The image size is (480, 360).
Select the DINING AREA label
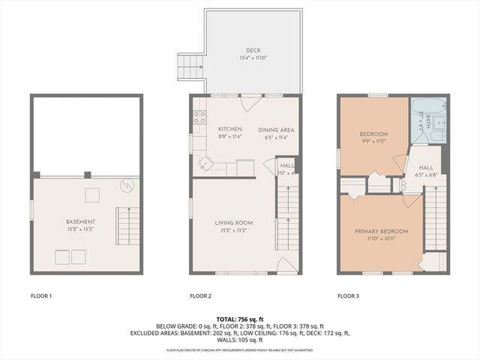click(276, 130)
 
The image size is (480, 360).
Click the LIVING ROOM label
click(233, 223)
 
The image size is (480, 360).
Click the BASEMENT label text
click(80, 222)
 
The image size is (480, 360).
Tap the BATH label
click(428, 120)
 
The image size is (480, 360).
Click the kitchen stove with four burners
click(199, 117)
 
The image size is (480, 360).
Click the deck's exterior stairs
click(190, 67)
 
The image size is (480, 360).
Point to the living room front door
click(284, 264)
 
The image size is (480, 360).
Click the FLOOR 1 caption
click(41, 296)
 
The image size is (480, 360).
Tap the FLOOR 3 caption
click(348, 296)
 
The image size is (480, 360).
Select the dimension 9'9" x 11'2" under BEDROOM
click(373, 140)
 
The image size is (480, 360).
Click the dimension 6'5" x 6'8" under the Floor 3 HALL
click(425, 175)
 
